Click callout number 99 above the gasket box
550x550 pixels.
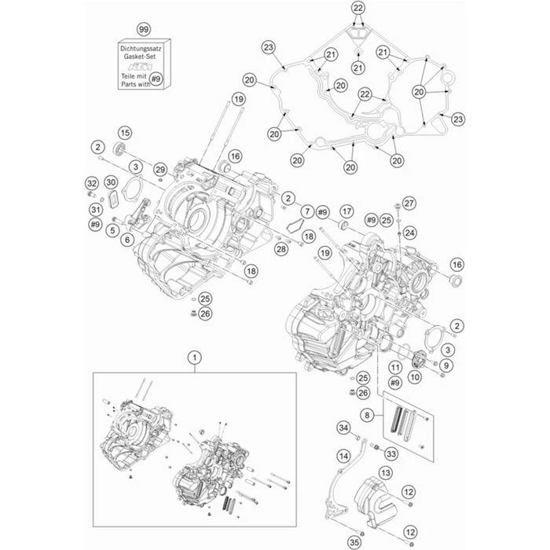(x=143, y=29)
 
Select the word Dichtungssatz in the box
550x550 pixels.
(x=141, y=49)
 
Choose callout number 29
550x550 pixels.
(x=160, y=170)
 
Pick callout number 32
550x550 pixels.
(x=91, y=185)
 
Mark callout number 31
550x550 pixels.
(x=95, y=210)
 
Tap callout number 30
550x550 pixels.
(x=111, y=182)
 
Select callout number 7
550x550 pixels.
(x=306, y=212)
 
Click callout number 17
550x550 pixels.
(x=346, y=212)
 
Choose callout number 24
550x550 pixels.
(x=409, y=233)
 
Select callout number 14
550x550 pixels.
(x=343, y=456)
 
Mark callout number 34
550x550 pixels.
(x=343, y=427)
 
